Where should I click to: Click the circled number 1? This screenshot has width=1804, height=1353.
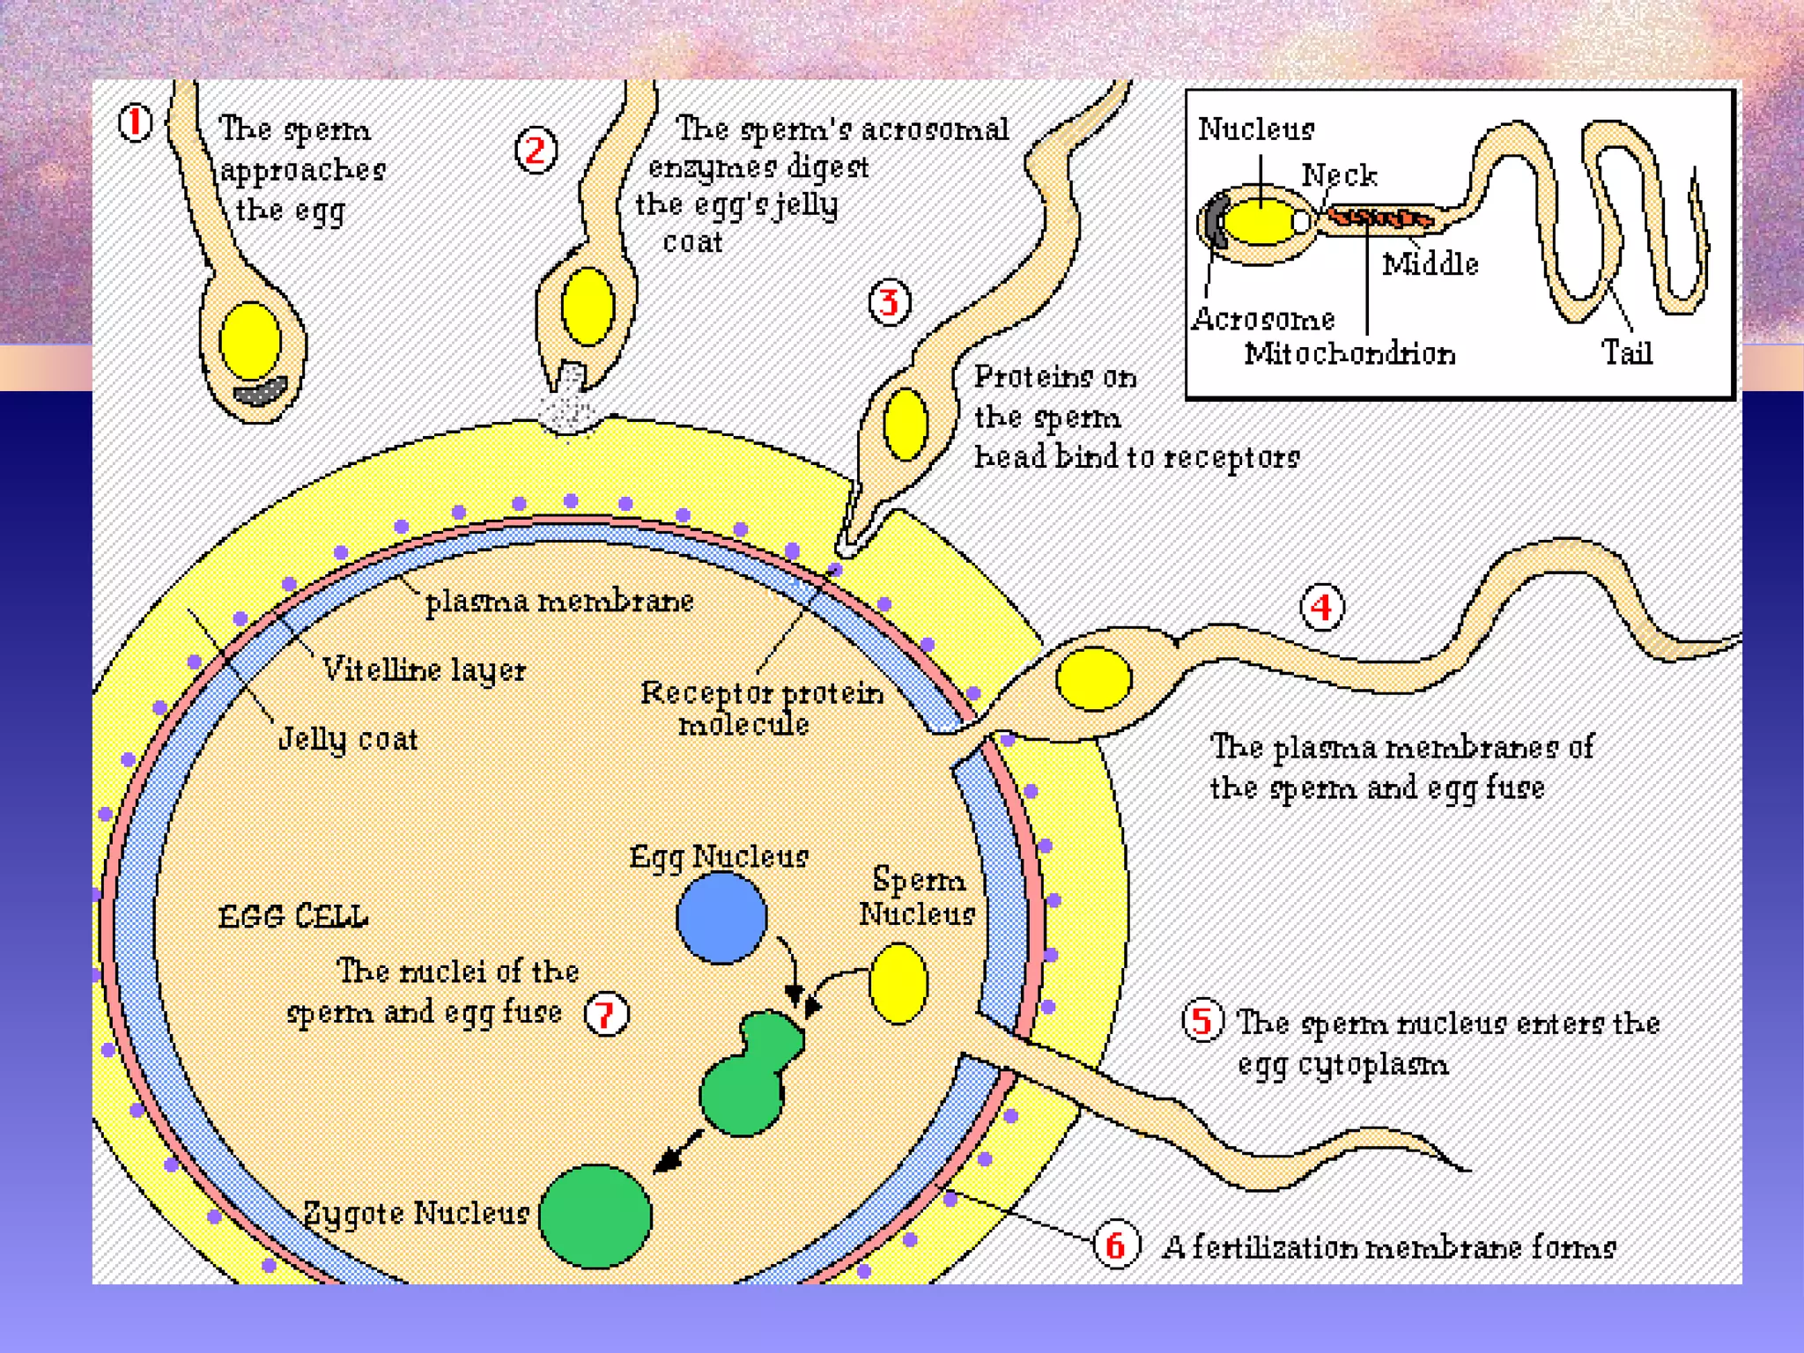(135, 122)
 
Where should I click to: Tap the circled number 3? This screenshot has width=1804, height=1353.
(889, 303)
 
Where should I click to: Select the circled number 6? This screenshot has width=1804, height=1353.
(1115, 1245)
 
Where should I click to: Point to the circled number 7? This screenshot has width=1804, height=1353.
(607, 1014)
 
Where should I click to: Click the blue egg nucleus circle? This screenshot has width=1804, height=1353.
(721, 918)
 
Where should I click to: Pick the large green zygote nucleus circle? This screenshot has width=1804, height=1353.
(595, 1216)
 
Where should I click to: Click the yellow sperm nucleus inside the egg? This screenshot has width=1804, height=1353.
(898, 983)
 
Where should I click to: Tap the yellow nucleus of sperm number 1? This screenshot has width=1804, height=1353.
(250, 341)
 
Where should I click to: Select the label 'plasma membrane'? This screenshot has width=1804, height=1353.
(559, 602)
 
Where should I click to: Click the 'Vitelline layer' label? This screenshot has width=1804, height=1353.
(424, 670)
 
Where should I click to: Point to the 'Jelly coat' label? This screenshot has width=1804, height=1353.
(348, 739)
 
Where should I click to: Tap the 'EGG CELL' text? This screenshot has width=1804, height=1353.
(292, 917)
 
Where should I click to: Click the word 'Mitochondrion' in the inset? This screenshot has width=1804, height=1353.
(1349, 354)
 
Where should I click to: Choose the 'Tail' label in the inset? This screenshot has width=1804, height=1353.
(1626, 353)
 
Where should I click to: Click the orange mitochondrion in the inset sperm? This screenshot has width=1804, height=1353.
(1379, 217)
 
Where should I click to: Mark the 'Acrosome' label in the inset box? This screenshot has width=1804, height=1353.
(1263, 319)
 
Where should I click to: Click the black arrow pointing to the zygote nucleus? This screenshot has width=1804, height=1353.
(678, 1152)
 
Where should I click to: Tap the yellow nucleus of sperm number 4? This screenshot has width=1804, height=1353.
(1093, 678)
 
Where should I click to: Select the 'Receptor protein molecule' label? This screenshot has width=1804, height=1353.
(761, 708)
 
